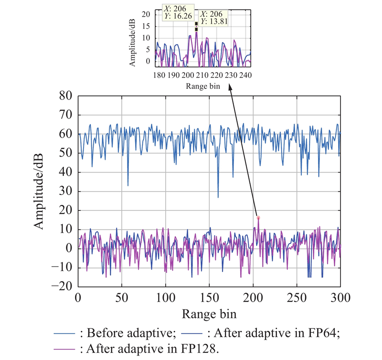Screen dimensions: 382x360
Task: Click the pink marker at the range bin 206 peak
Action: click(258, 218)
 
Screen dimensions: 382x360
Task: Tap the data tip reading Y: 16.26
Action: click(178, 12)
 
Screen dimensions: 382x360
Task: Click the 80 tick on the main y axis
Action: click(65, 96)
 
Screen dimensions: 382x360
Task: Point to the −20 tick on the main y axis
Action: click(62, 286)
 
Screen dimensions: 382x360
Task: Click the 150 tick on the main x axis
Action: click(209, 298)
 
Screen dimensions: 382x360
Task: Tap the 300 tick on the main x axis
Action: click(340, 298)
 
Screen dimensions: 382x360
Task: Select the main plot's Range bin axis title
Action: click(209, 314)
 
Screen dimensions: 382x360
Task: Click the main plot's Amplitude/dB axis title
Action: click(39, 191)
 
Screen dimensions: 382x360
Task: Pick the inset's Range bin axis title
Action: click(203, 86)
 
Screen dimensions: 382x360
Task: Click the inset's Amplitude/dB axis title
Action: click(132, 43)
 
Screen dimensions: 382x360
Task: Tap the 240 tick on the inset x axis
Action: click(245, 75)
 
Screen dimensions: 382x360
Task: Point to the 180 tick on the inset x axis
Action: click(159, 75)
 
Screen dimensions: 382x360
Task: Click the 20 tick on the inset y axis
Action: click(146, 14)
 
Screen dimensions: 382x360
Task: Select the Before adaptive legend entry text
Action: click(128, 333)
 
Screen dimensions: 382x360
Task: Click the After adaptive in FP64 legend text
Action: click(274, 333)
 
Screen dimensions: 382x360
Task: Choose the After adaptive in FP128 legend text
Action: click(149, 349)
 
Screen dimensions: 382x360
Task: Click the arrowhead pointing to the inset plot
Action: click(230, 87)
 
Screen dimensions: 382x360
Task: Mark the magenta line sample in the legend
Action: click(64, 349)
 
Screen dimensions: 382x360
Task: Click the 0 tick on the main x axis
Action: click(78, 298)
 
